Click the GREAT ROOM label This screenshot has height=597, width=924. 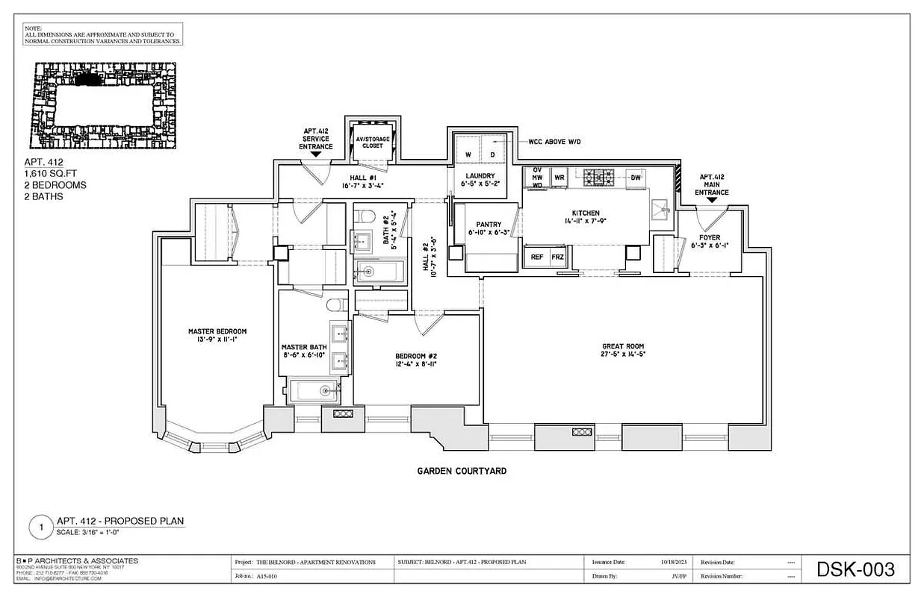coord(623,346)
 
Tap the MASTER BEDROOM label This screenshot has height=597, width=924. coord(217,331)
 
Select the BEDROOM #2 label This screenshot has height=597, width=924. coord(416,356)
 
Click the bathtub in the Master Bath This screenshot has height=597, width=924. coord(314,391)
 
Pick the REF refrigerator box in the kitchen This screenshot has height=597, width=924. coord(536,256)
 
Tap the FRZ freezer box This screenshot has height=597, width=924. coord(557,256)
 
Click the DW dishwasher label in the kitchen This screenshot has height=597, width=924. coord(636,178)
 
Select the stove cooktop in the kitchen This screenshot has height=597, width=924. coord(598,177)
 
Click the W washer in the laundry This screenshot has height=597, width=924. coord(468,154)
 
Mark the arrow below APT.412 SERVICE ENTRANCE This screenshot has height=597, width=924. coord(316,153)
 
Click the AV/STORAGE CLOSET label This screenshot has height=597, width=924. coord(373,143)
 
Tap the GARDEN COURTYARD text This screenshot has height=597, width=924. coord(462,471)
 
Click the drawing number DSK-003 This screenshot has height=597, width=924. coord(855,570)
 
